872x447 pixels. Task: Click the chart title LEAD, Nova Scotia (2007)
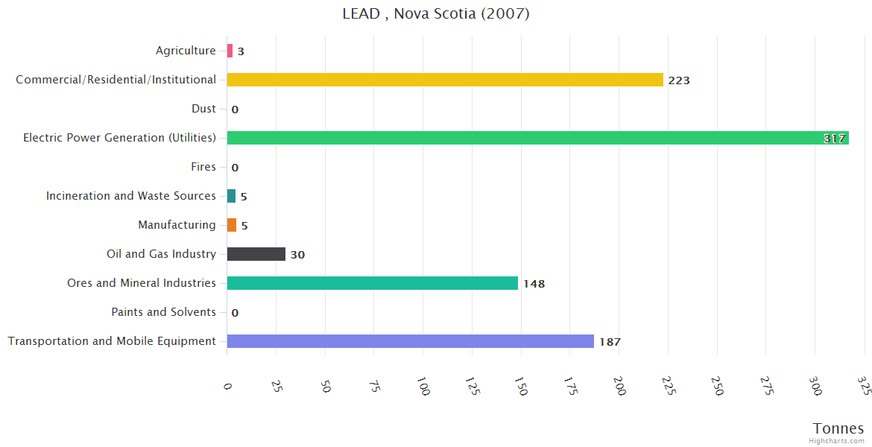click(436, 13)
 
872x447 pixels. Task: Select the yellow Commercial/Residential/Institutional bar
click(445, 80)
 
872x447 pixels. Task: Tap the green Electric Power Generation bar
click(537, 138)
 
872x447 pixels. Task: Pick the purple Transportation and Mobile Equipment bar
click(410, 341)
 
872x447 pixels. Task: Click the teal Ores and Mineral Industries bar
click(372, 283)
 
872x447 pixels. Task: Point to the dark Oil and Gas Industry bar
click(256, 254)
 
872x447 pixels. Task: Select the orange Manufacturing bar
click(232, 225)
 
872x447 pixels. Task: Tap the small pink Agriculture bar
click(230, 51)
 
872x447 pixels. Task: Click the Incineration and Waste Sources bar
click(231, 196)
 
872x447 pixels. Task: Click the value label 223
click(679, 80)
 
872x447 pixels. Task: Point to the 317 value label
click(834, 139)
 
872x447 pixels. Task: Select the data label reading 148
click(534, 284)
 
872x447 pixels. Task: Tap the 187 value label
click(610, 342)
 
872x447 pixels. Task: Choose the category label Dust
click(203, 109)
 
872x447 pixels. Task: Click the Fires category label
click(203, 167)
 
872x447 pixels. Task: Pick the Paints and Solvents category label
click(163, 312)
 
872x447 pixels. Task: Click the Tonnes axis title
click(838, 428)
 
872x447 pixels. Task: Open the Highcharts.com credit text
click(838, 441)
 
